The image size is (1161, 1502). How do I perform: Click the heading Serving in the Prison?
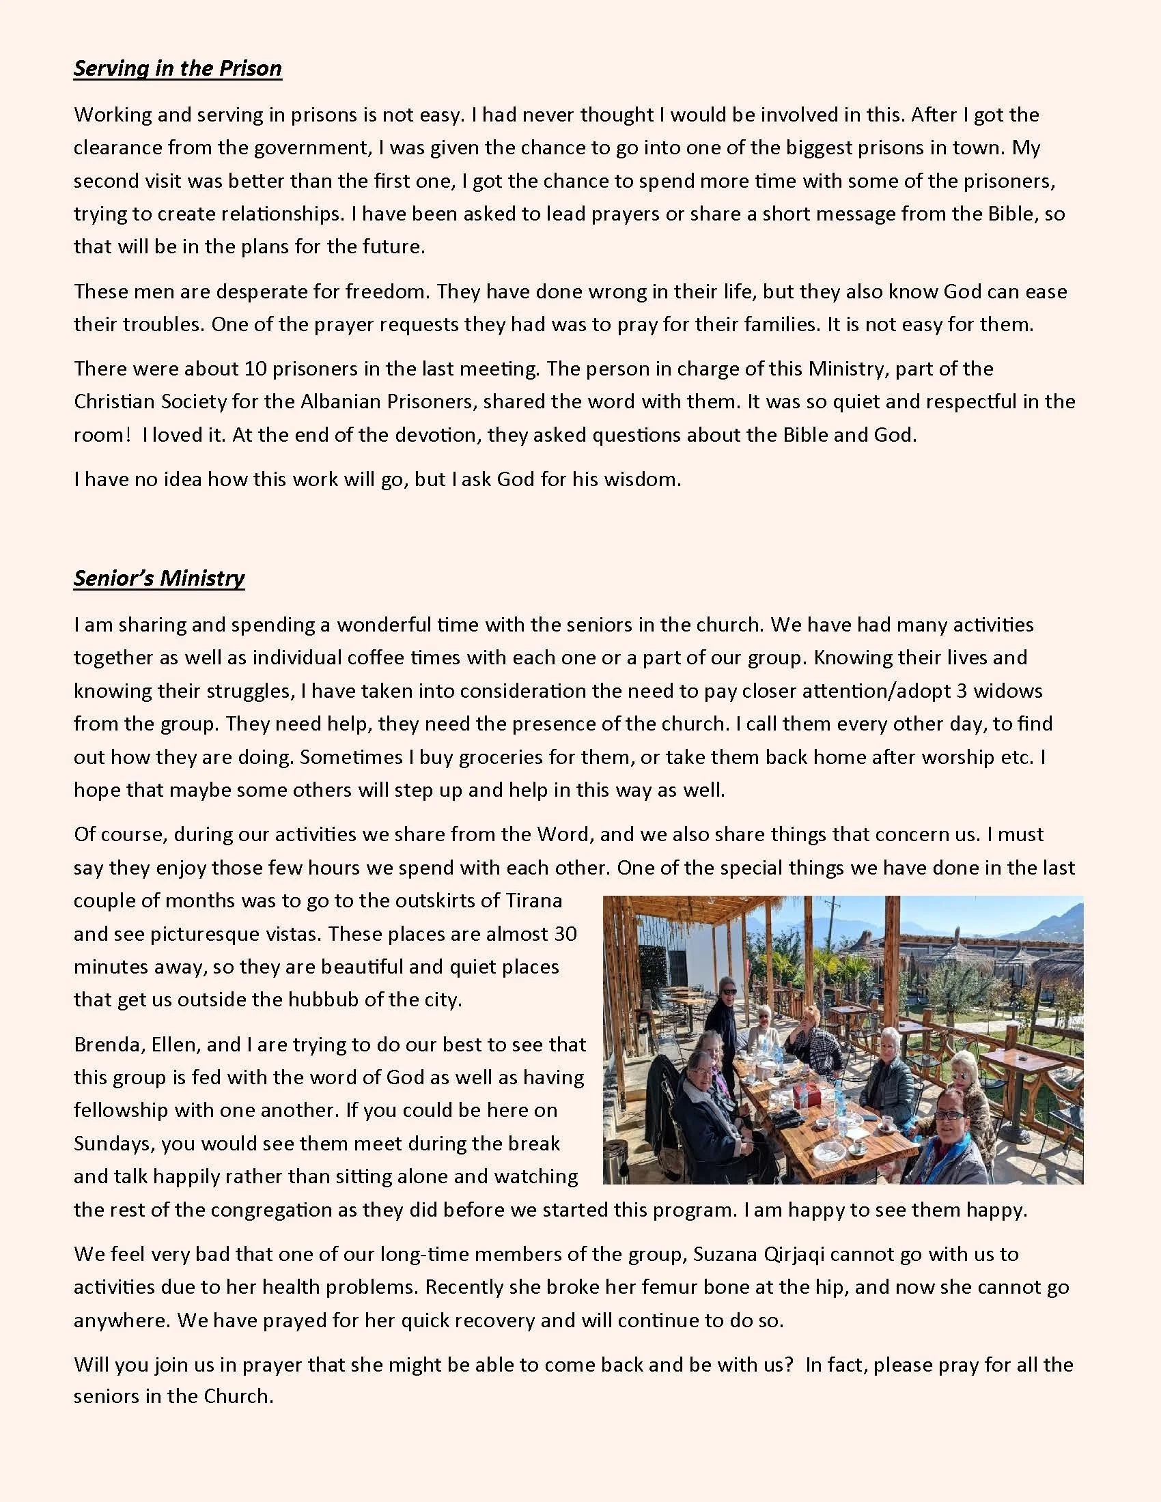click(x=178, y=68)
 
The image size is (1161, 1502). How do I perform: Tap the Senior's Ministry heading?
click(x=159, y=578)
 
